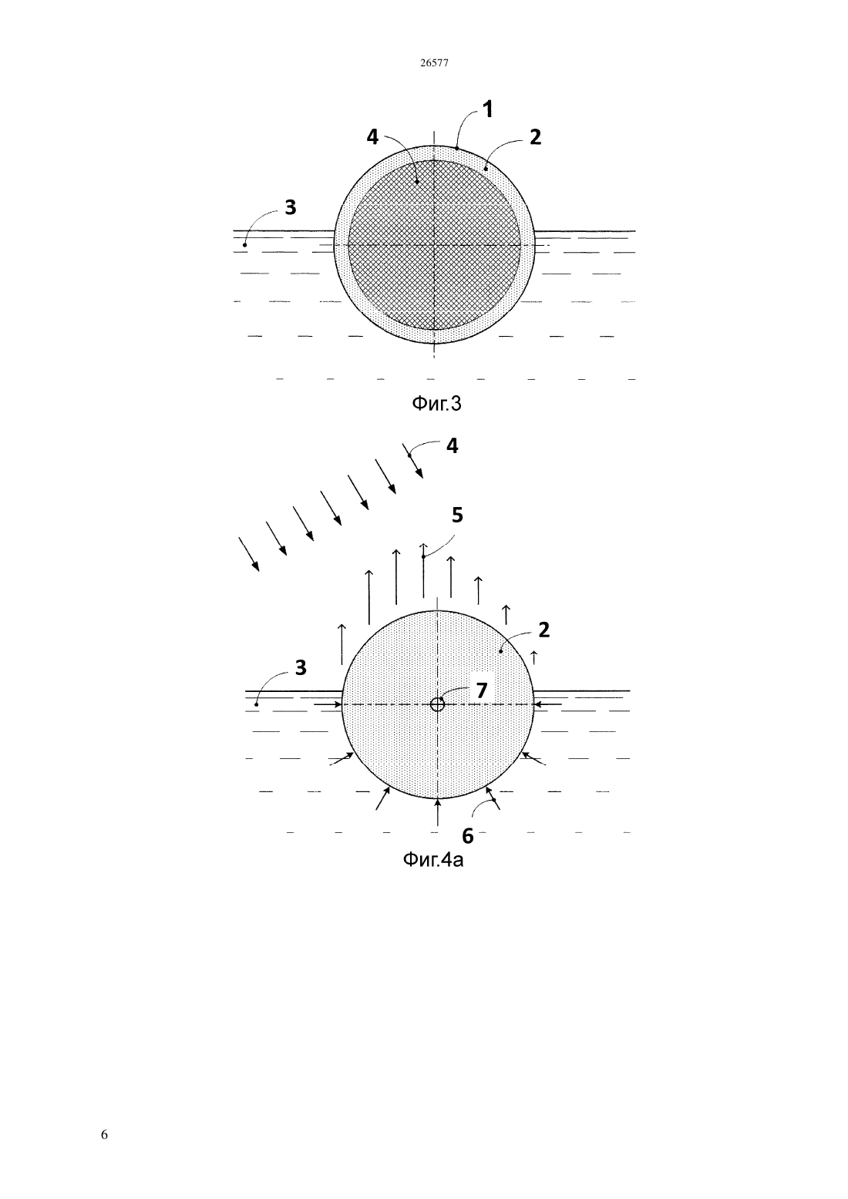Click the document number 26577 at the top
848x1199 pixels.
point(433,63)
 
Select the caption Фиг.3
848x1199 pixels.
point(436,404)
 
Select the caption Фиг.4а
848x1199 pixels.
point(432,860)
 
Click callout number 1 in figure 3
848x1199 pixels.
point(488,109)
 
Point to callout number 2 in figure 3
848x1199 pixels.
point(535,138)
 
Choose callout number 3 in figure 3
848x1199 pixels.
point(291,207)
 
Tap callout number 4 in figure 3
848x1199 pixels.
point(372,138)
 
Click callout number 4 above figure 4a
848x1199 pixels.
point(453,446)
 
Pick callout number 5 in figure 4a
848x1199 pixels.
point(457,516)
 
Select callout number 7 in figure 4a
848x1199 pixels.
point(482,690)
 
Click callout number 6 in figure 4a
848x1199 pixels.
point(467,835)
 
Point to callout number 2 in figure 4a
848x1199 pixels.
point(544,630)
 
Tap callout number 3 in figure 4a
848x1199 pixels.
point(301,667)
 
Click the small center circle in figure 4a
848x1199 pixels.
point(437,704)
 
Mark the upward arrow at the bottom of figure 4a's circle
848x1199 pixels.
point(438,812)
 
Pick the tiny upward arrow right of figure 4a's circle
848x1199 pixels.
point(533,657)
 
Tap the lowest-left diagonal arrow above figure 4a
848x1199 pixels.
point(248,555)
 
